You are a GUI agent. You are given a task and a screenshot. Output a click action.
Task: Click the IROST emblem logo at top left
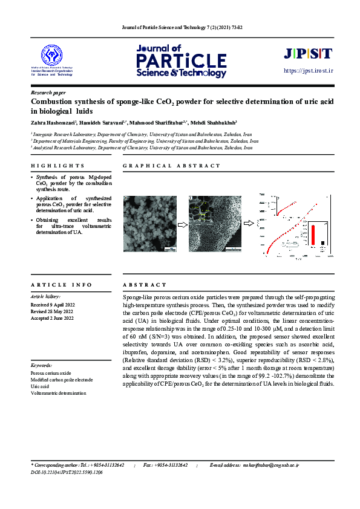(51, 56)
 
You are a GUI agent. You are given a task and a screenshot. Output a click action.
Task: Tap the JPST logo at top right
(308, 54)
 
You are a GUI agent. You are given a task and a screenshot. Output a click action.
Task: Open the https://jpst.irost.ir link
(309, 71)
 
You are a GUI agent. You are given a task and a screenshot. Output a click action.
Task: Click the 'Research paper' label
(48, 92)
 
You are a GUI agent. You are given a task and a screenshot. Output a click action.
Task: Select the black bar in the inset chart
(322, 243)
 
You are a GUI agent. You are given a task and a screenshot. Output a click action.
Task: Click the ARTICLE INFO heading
(61, 284)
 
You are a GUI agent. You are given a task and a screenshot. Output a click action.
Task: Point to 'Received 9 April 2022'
(52, 305)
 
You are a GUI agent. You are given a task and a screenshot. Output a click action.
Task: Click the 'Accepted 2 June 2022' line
(52, 318)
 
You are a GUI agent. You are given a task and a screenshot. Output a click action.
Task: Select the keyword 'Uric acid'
(41, 386)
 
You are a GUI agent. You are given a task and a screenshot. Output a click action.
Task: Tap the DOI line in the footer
(67, 472)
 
